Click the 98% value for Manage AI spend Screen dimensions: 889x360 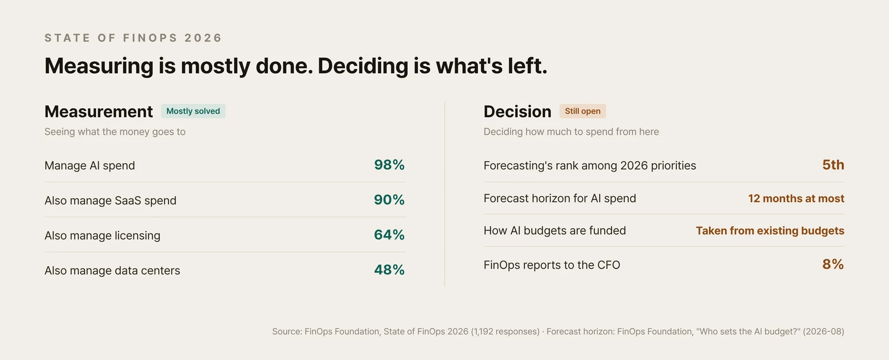389,164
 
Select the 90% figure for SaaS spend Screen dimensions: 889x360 389,199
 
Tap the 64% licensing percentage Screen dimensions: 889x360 389,234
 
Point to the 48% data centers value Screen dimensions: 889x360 389,270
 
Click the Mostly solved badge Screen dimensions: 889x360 193,111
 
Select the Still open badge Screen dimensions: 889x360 583,111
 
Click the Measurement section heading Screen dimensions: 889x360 98,112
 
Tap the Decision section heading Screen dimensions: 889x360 517,112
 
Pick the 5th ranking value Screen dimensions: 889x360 833,164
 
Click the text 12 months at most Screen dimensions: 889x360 796,198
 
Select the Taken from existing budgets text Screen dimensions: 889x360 770,231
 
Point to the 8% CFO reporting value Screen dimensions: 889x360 833,264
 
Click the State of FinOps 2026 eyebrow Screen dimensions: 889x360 133,38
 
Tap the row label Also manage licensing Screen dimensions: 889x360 102,236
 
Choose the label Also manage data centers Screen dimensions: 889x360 112,271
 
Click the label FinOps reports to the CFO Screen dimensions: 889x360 552,265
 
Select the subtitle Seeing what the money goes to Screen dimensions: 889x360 114,132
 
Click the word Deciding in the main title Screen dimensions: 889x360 363,66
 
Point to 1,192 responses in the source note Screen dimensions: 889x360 505,332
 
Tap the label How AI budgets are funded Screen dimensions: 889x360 555,231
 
